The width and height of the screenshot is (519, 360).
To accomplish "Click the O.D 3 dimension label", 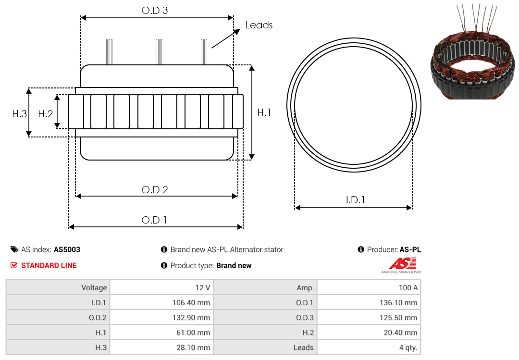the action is coord(155,11).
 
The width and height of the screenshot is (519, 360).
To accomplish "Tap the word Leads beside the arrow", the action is coord(259,25).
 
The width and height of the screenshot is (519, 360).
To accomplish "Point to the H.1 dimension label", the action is coord(264,112).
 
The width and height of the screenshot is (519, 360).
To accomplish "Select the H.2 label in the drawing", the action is coord(45,114).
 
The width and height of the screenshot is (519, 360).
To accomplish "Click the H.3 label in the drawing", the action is coord(20,114).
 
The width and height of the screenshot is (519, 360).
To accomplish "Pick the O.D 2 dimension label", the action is coord(155,190).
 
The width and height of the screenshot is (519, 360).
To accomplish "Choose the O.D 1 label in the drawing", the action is coord(154,220).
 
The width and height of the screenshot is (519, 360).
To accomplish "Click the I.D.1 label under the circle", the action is coord(355,200).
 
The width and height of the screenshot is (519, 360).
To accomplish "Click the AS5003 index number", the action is coord(67,250).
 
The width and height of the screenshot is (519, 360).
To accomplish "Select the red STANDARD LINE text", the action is coord(49,266).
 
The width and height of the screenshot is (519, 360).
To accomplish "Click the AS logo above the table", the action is coord(402,265).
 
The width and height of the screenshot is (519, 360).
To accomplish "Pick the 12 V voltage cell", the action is coord(203,288).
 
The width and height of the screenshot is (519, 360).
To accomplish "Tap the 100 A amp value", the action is coord(408,288).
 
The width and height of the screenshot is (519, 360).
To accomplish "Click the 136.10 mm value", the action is coord(398,303).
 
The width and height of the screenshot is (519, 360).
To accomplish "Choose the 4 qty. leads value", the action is coord(408,348).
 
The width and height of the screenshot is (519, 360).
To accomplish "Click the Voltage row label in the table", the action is coord(94,288).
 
